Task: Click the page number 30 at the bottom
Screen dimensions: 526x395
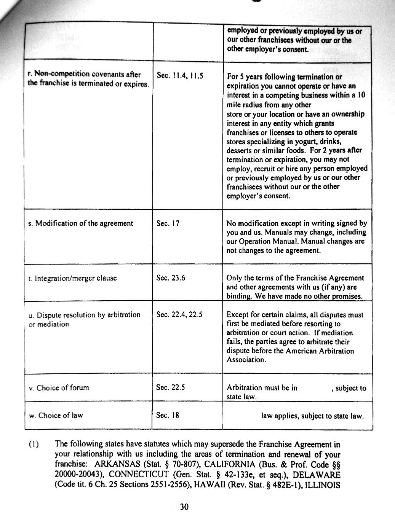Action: tap(184, 507)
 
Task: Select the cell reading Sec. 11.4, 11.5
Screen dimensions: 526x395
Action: tap(180, 76)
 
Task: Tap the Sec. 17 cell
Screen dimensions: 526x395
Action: tap(168, 223)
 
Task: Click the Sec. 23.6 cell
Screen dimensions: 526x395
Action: tap(171, 278)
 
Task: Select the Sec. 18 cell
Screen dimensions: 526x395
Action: tap(168, 415)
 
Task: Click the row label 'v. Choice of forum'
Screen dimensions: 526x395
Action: tap(59, 388)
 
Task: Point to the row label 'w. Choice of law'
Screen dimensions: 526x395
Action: tap(56, 415)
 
